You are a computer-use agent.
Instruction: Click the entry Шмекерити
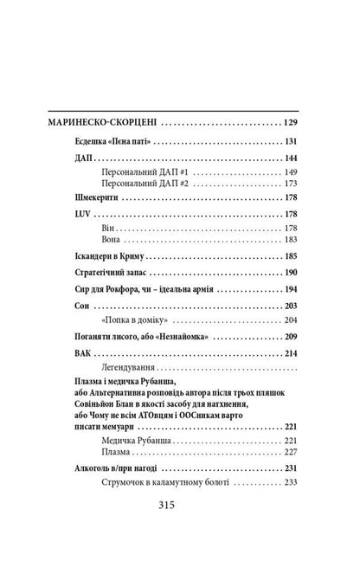click(89, 199)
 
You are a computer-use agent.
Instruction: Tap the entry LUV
click(74, 215)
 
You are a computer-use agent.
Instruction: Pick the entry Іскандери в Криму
click(106, 257)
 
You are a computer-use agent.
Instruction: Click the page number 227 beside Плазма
click(289, 451)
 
